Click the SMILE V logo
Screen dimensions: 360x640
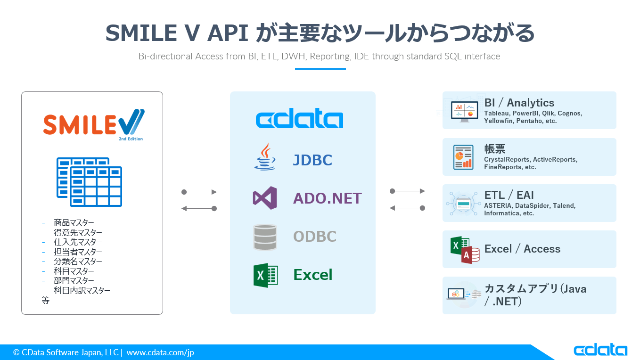pyautogui.click(x=93, y=123)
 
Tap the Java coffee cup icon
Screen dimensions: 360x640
pyautogui.click(x=265, y=157)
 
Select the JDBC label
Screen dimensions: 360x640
pyautogui.click(x=312, y=160)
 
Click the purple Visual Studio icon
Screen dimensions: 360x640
pyautogui.click(x=265, y=198)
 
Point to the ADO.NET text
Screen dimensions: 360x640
pyautogui.click(x=327, y=198)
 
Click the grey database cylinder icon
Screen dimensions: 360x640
pyautogui.click(x=265, y=237)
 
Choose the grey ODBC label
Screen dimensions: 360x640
pyautogui.click(x=314, y=237)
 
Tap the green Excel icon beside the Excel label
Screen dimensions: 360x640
pyautogui.click(x=265, y=275)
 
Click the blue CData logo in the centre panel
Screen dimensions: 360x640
pyautogui.click(x=299, y=119)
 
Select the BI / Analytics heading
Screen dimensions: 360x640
pyautogui.click(x=519, y=103)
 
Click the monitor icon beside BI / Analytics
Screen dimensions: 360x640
pyautogui.click(x=464, y=111)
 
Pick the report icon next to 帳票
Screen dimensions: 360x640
pyautogui.click(x=463, y=157)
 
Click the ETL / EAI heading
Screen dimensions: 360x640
pyautogui.click(x=509, y=195)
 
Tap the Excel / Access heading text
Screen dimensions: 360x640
pyautogui.click(x=522, y=249)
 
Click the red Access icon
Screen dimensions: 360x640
pyautogui.click(x=470, y=255)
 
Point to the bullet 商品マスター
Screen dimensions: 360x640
pyautogui.click(x=74, y=223)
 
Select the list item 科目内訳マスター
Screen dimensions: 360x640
pyautogui.click(x=82, y=290)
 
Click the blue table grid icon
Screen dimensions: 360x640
pyautogui.click(x=90, y=182)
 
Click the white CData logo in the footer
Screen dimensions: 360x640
pyautogui.click(x=600, y=350)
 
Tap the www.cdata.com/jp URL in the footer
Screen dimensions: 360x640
pyautogui.click(x=160, y=352)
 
